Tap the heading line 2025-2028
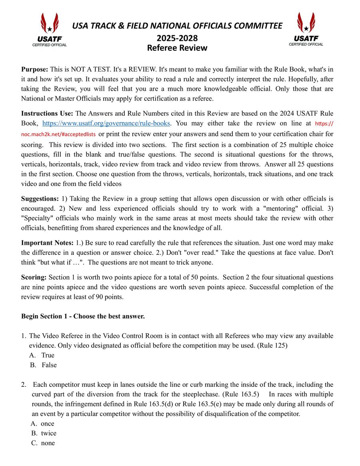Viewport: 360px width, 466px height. pyautogui.click(x=177, y=38)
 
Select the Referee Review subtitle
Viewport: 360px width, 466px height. pyautogui.click(x=177, y=48)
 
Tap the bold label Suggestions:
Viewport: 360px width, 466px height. pyautogui.click(x=40, y=199)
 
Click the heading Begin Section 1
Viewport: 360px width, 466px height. pyautogui.click(x=83, y=316)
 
